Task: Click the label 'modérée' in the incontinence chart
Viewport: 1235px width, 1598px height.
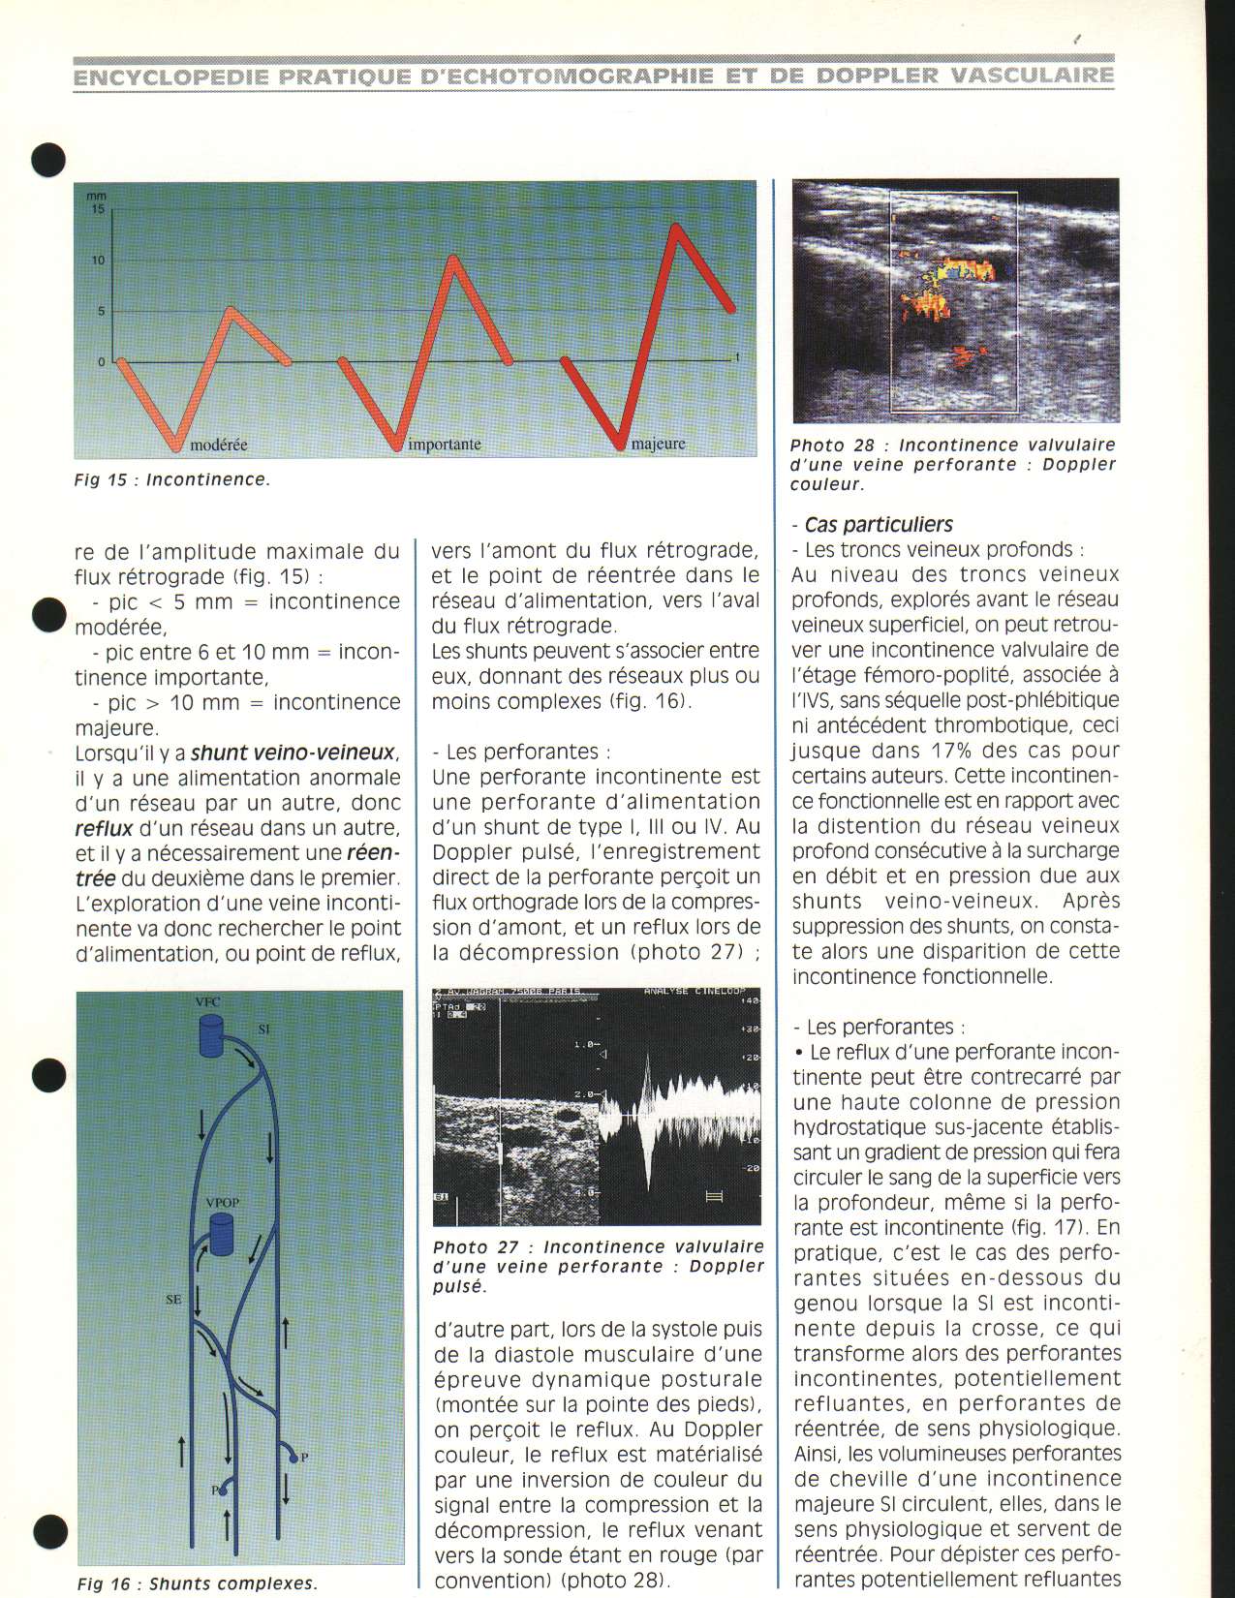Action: (219, 446)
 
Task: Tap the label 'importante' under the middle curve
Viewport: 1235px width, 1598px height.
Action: (445, 446)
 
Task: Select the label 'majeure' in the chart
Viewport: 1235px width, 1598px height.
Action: (658, 445)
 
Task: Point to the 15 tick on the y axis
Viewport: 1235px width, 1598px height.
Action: (98, 208)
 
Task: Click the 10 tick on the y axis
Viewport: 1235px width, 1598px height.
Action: (98, 261)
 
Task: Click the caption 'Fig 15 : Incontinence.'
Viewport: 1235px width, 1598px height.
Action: (171, 479)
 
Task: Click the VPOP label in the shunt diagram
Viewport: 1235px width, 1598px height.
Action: (223, 1202)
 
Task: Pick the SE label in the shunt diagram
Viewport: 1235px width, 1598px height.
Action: (173, 1301)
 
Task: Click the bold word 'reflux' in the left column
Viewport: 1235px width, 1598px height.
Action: (105, 828)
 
